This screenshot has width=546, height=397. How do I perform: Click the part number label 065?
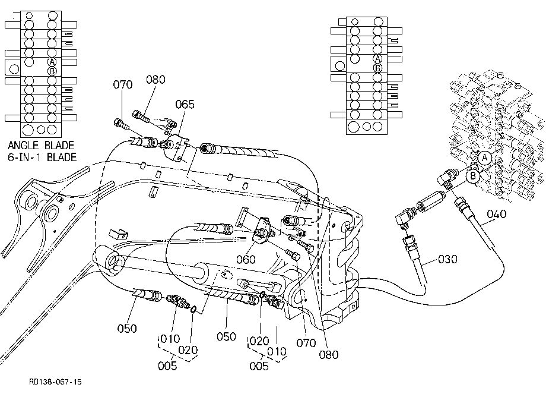click(185, 104)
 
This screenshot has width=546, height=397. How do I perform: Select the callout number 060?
click(246, 259)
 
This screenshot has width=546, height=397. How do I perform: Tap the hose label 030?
click(447, 259)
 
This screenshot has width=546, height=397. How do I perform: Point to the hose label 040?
click(497, 214)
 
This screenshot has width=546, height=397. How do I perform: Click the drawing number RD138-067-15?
click(55, 382)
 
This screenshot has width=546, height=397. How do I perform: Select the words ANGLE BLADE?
click(41, 146)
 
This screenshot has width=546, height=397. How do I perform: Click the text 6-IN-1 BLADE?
click(42, 157)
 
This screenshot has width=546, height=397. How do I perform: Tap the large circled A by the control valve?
click(484, 158)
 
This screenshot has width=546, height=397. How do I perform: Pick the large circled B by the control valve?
click(473, 175)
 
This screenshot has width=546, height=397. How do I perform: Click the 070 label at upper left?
click(123, 85)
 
